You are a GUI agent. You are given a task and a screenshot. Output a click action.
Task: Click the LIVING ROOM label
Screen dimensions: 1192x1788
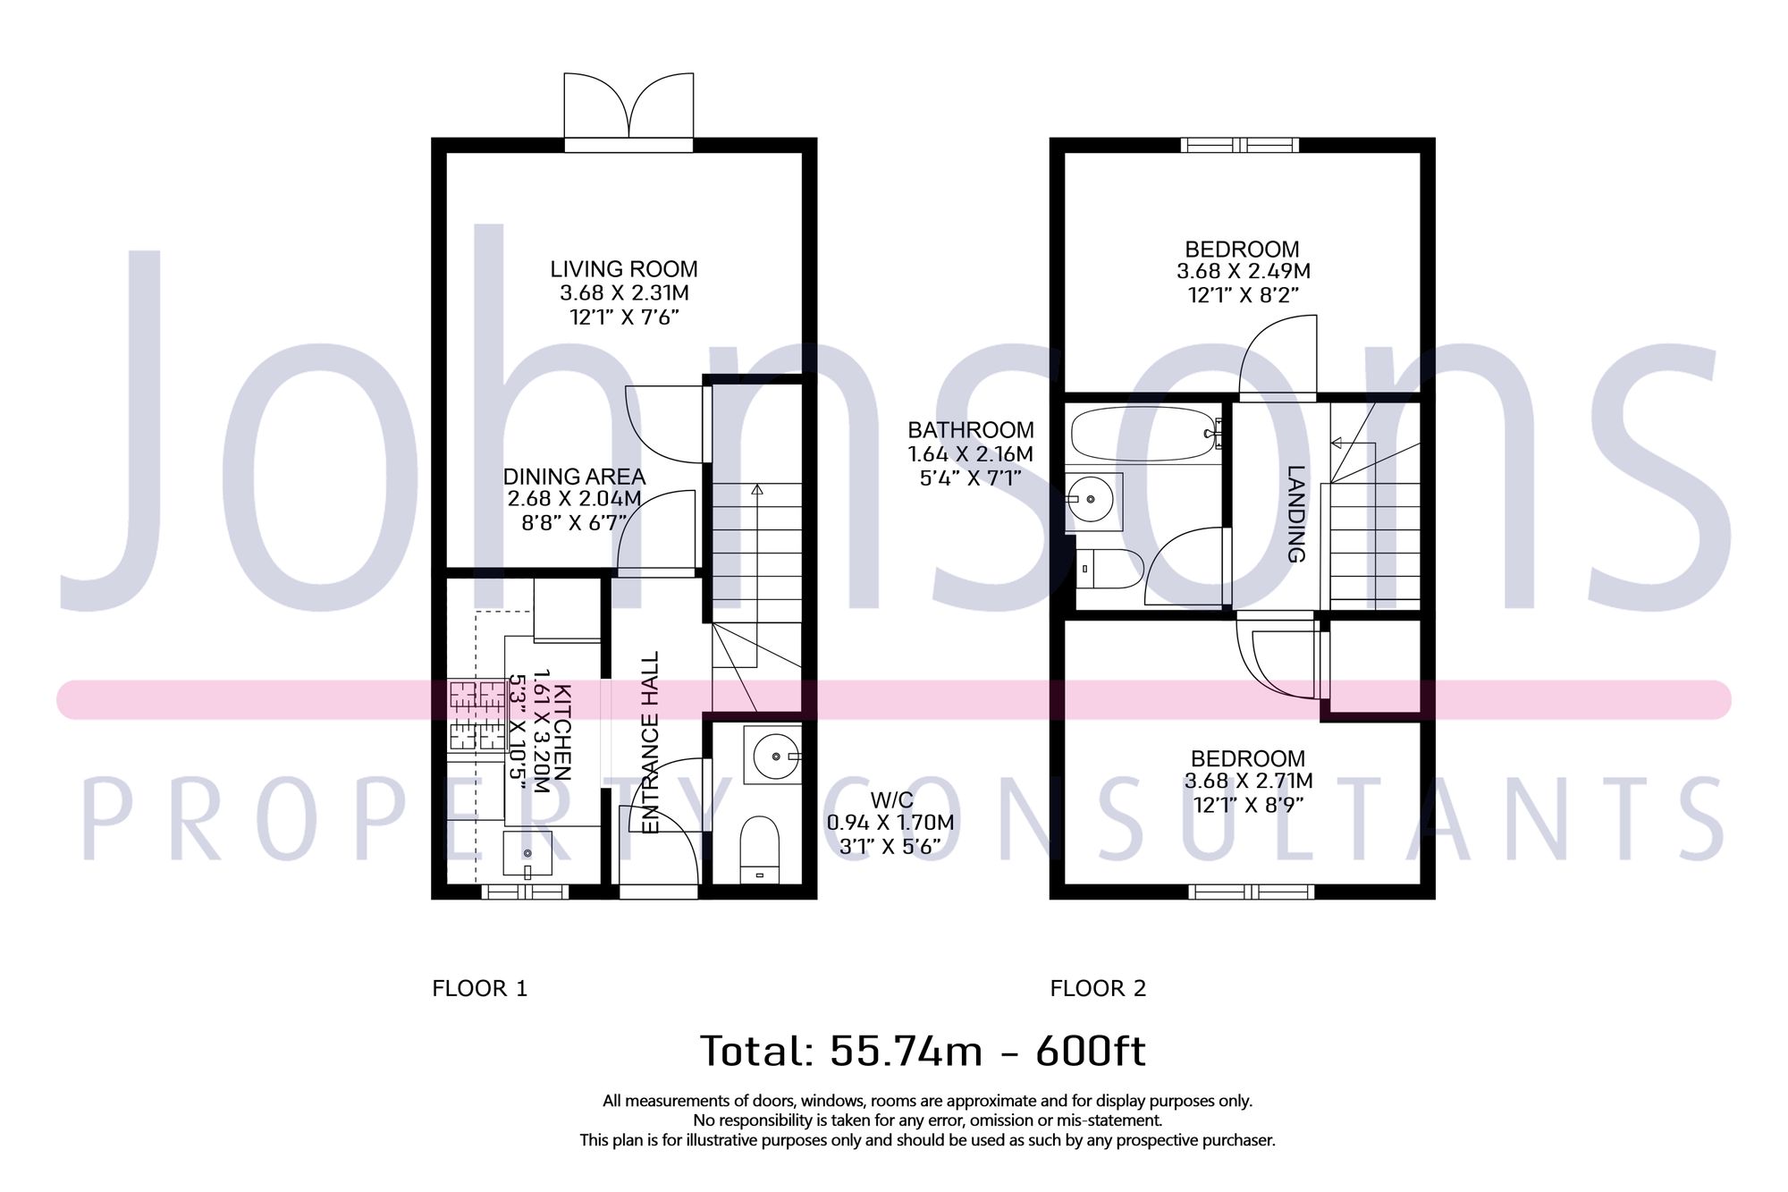point(623,269)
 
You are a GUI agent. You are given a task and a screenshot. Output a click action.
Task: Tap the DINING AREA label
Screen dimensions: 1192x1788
point(574,477)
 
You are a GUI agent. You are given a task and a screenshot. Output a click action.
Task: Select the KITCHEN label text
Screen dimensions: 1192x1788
point(562,732)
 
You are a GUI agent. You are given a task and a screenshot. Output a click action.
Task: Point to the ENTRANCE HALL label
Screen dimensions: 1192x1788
point(651,742)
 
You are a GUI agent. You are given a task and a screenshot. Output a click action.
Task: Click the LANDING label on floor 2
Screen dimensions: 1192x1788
point(1295,513)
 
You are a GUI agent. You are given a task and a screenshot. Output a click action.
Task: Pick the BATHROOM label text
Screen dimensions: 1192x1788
point(971,430)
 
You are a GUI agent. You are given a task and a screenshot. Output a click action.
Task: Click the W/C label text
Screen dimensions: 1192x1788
point(891,799)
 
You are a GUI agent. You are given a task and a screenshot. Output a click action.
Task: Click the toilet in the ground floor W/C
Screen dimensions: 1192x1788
point(760,848)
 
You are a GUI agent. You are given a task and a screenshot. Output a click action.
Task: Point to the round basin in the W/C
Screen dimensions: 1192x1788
point(775,757)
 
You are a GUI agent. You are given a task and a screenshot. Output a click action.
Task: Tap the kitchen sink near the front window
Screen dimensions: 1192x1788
point(527,854)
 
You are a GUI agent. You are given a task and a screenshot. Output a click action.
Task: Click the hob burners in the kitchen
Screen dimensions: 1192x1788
point(477,714)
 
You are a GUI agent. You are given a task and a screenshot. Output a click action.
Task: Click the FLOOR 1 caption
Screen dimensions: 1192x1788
point(480,988)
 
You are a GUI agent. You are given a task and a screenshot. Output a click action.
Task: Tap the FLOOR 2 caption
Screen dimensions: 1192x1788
point(1098,988)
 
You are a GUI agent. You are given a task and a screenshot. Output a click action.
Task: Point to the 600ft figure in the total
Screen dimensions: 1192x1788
point(1091,1051)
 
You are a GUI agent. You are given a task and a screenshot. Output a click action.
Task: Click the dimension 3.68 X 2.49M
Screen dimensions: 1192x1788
point(1243,272)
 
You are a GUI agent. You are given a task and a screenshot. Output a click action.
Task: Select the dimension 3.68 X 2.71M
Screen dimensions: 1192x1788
point(1248,781)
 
